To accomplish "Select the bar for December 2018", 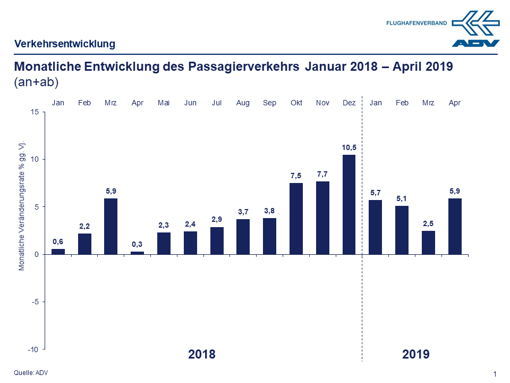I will [x=349, y=205].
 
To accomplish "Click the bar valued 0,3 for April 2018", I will [x=137, y=253].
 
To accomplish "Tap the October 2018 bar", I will [x=296, y=219].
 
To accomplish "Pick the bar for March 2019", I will [x=428, y=243].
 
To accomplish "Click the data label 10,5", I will [x=349, y=147].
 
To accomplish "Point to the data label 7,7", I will [x=322, y=174].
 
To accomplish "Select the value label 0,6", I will [x=58, y=242].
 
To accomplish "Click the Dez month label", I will [x=349, y=103].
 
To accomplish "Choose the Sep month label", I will [x=269, y=103].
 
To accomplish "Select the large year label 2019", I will [x=416, y=354].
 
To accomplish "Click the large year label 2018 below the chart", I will [x=202, y=354].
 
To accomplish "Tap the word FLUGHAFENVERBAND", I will [x=416, y=23].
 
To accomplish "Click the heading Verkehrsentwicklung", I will [x=65, y=44].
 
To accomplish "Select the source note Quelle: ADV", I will [x=31, y=373].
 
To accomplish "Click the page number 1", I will [x=495, y=374].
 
